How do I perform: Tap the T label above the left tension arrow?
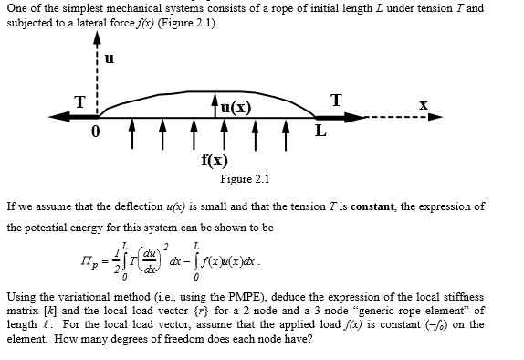[x=79, y=101]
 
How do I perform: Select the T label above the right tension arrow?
[x=338, y=100]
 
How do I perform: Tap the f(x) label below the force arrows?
[x=215, y=158]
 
